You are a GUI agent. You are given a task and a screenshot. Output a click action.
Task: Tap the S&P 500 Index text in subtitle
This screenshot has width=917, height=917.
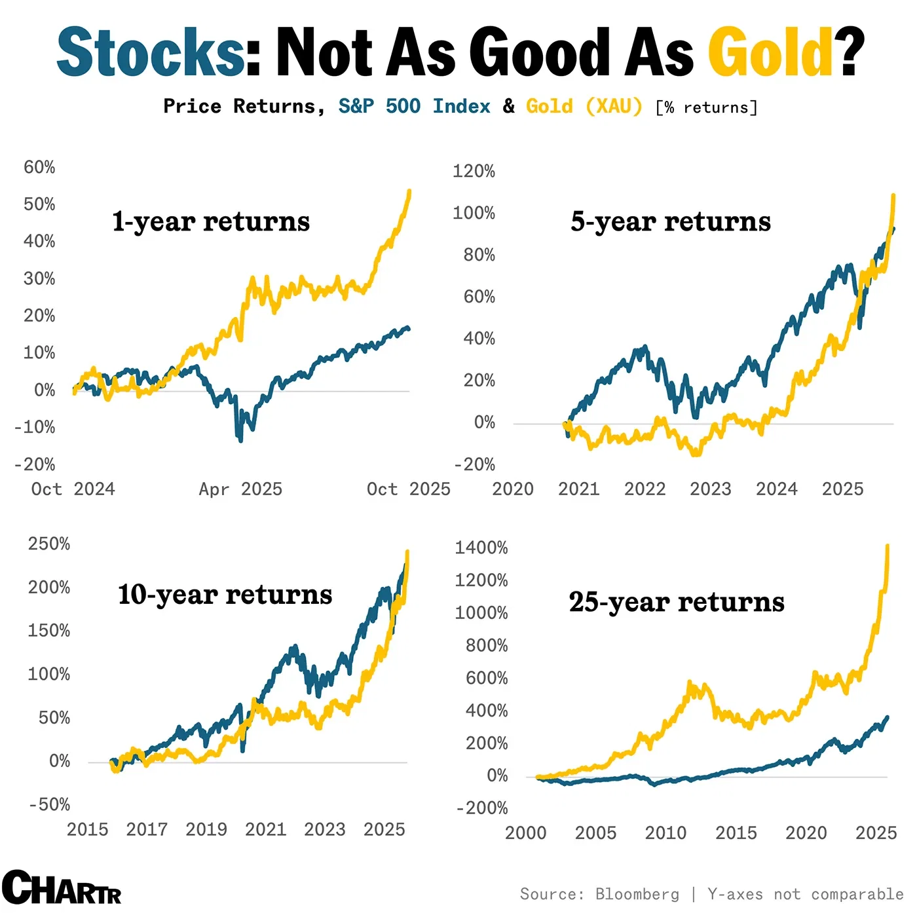pos(414,106)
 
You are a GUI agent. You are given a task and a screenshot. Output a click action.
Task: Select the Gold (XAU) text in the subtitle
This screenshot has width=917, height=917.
pos(584,106)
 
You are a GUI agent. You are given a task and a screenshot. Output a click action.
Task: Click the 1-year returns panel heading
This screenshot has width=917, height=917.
pos(210,221)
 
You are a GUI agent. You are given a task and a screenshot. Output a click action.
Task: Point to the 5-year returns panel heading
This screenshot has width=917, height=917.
pos(670,221)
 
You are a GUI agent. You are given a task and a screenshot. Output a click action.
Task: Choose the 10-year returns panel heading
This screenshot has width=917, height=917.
pos(225,595)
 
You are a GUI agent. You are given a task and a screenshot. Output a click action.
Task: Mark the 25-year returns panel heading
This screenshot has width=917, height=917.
pos(676,602)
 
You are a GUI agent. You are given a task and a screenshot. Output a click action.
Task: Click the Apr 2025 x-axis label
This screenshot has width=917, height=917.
pos(240,489)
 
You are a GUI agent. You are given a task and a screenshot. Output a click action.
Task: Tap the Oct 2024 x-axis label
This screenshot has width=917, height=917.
pos(73,489)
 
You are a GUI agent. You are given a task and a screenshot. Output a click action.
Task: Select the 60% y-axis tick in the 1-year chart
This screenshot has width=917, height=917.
pos(39,168)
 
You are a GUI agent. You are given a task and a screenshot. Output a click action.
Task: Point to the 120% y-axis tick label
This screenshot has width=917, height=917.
pos(474,172)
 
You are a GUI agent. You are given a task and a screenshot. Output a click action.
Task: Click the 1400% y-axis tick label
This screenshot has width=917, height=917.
pos(481,548)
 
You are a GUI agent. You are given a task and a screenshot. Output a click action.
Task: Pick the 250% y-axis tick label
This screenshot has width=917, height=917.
pos(48,544)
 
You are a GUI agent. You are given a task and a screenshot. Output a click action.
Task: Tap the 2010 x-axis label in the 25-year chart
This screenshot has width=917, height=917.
pos(665,833)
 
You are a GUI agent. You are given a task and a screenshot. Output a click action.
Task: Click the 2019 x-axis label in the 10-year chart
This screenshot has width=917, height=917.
pos(206,830)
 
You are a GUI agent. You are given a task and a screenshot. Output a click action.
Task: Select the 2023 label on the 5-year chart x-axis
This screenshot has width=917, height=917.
pos(711,489)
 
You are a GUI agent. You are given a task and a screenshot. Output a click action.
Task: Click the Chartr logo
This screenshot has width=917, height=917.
pos(61,888)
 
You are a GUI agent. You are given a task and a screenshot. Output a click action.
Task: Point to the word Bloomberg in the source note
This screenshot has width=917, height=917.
pos(637,895)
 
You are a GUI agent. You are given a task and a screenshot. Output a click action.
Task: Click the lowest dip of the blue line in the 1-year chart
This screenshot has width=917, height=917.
pos(240,440)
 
